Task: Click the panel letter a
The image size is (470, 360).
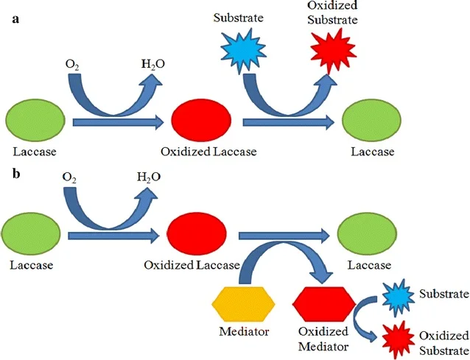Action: click(x=15, y=19)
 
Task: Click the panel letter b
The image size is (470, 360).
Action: click(x=16, y=174)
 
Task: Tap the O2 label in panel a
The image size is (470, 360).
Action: click(x=72, y=64)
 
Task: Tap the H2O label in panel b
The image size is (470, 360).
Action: click(x=149, y=177)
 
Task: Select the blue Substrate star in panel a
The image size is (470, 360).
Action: click(x=243, y=51)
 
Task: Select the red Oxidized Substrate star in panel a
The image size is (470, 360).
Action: click(x=333, y=51)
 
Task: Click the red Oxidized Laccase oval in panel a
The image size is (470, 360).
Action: click(x=201, y=120)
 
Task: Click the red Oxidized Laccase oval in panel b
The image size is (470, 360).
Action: click(x=197, y=233)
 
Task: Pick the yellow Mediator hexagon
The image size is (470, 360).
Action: click(x=243, y=304)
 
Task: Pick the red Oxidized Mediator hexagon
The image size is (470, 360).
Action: click(x=324, y=304)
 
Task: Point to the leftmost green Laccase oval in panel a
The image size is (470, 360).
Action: click(x=35, y=120)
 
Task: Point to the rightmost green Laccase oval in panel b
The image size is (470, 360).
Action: click(x=367, y=233)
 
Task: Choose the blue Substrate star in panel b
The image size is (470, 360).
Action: click(x=398, y=297)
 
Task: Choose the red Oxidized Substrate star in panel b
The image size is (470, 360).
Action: click(x=398, y=339)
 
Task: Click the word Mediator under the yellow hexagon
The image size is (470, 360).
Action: click(x=244, y=331)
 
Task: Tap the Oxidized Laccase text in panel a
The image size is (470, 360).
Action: click(x=208, y=152)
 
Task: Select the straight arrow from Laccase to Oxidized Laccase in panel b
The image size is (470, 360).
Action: click(x=113, y=236)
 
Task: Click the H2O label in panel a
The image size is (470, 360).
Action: click(x=153, y=64)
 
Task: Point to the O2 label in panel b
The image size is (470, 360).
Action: click(x=69, y=177)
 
